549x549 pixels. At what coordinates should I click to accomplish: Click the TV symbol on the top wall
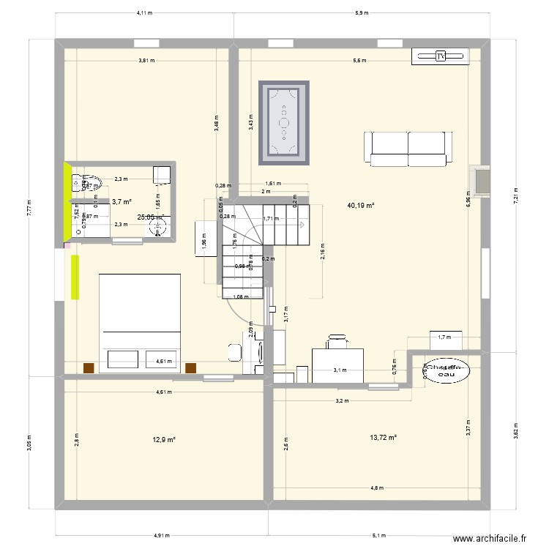(x=440, y=56)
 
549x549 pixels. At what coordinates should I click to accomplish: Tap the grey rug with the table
(x=283, y=122)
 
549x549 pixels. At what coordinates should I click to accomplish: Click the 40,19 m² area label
(x=361, y=206)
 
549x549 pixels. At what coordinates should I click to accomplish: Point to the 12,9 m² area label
(x=164, y=439)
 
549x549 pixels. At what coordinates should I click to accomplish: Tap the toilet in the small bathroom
(x=79, y=181)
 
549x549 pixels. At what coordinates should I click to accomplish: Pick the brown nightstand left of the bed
(x=89, y=367)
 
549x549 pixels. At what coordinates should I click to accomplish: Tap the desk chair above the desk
(x=337, y=340)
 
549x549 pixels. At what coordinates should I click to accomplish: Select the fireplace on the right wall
(x=481, y=180)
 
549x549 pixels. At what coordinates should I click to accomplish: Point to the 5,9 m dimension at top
(x=362, y=13)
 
